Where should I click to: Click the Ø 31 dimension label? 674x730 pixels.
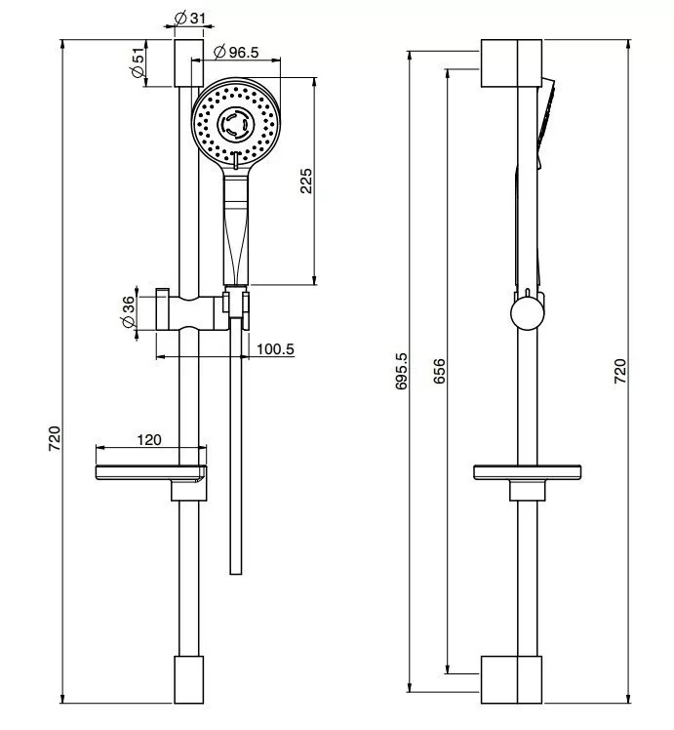(189, 19)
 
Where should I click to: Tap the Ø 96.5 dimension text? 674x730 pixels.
(236, 52)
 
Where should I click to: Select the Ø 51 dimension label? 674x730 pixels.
(139, 62)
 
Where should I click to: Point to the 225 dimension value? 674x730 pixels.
(305, 181)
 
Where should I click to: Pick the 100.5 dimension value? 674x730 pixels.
(275, 348)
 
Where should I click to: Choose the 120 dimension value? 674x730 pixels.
(149, 439)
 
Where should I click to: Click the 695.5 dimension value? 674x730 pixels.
(401, 371)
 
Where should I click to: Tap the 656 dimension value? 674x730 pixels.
(439, 371)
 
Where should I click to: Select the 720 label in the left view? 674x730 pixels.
(55, 438)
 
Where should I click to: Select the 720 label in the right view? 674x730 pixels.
(620, 371)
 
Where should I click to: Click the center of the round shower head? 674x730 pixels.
(236, 123)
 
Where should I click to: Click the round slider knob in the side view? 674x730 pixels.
(528, 313)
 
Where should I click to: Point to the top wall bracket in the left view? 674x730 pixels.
(189, 63)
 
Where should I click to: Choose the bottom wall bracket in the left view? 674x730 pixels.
(189, 679)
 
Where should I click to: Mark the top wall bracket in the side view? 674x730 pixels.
(511, 63)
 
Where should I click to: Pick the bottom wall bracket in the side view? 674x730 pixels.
(511, 679)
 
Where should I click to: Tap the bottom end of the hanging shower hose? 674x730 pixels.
(236, 574)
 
